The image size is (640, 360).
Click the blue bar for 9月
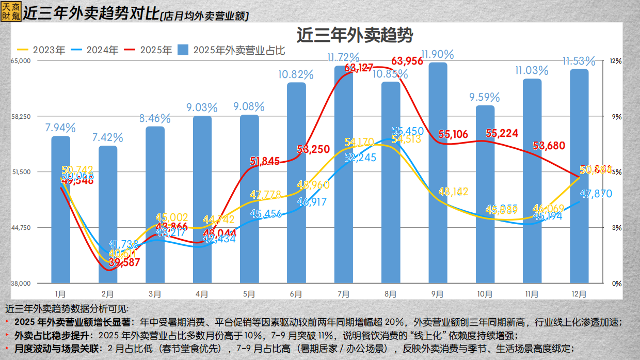click(x=438, y=173)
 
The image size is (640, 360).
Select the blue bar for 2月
click(x=108, y=214)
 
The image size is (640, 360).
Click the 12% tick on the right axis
click(x=616, y=61)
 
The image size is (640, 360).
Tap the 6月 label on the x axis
click(x=296, y=294)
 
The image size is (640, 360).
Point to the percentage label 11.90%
click(x=438, y=54)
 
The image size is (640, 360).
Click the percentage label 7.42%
click(x=108, y=138)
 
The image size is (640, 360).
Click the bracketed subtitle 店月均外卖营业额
click(x=204, y=17)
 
